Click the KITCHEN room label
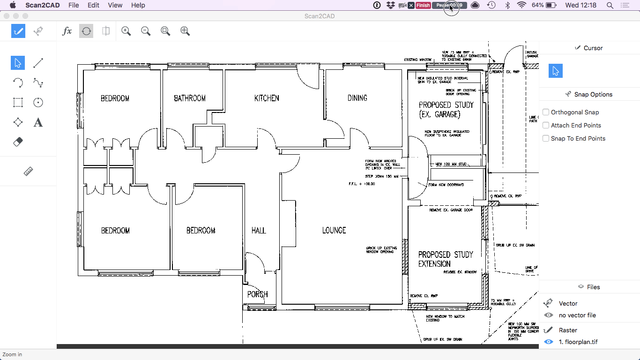[x=267, y=98]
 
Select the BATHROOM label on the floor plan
[x=190, y=98]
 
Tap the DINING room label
[x=357, y=98]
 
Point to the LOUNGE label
[x=334, y=230]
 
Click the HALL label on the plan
[x=259, y=230]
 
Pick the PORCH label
[x=257, y=294]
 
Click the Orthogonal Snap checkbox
[x=546, y=112]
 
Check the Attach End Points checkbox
[x=546, y=125]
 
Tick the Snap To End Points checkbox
[x=546, y=138]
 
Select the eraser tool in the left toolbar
[x=18, y=142]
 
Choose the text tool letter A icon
[x=38, y=122]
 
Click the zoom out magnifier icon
[x=146, y=31]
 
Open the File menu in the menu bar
[x=74, y=5]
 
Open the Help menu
[x=138, y=5]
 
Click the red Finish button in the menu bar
[x=423, y=5]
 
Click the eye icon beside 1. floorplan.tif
[x=548, y=342]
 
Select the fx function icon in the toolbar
[x=67, y=31]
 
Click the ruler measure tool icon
[x=28, y=172]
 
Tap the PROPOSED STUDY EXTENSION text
[x=446, y=259]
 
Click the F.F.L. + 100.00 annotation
[x=362, y=184]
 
